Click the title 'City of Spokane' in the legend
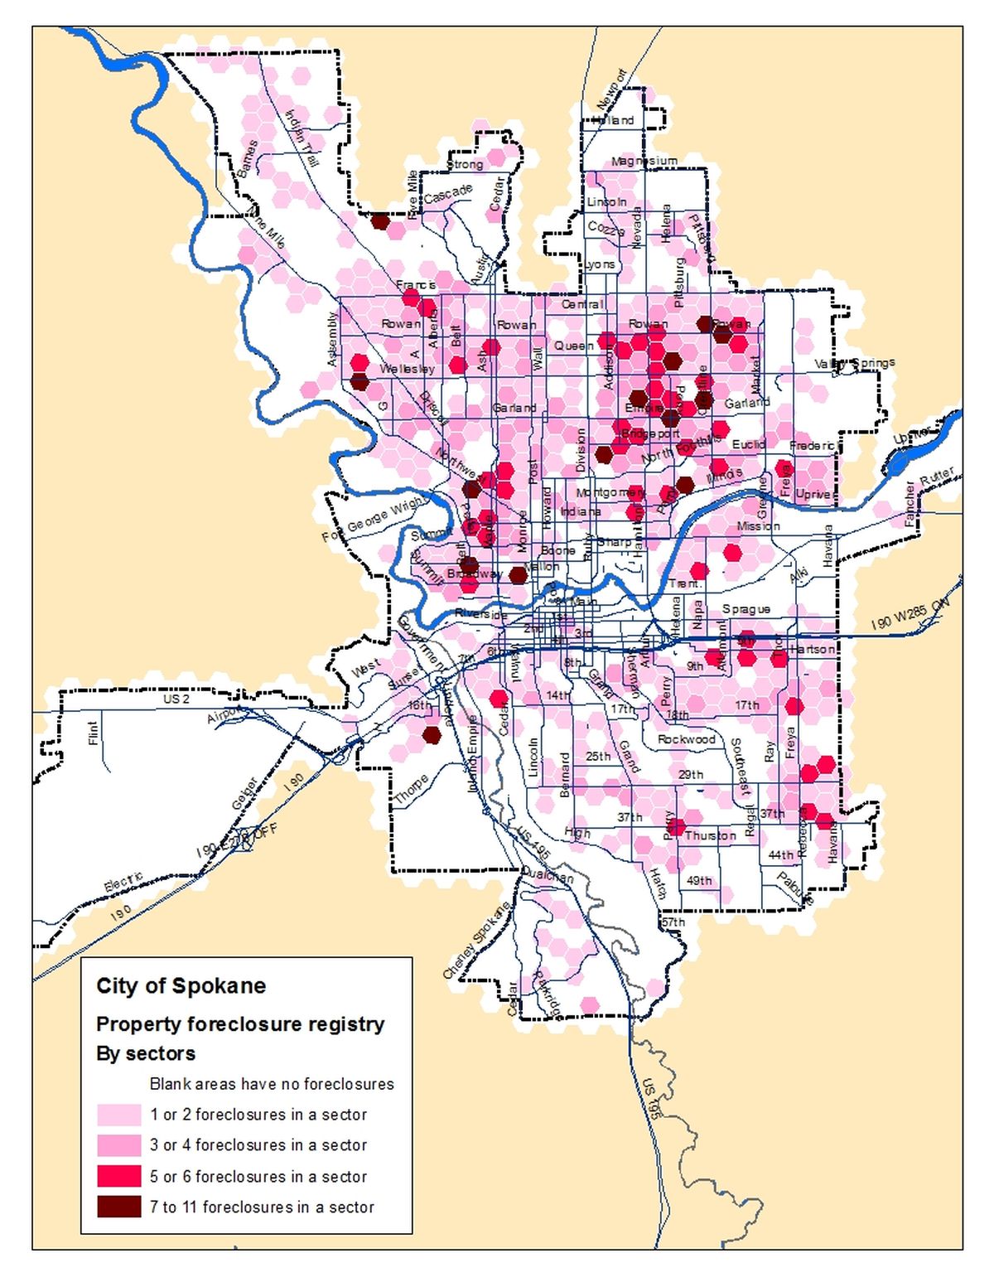[181, 986]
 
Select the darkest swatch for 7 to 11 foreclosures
[118, 1207]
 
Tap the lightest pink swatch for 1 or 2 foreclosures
[118, 1114]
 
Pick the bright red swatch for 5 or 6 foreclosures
[118, 1176]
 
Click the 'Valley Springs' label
[854, 363]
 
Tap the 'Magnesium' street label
[644, 161]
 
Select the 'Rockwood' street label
[686, 738]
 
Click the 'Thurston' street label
[710, 835]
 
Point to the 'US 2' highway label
[176, 699]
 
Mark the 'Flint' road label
[93, 733]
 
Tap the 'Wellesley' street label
[407, 368]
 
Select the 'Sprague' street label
[745, 609]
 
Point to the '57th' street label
[673, 922]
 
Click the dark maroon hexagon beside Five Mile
[379, 221]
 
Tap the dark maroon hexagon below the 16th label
[432, 734]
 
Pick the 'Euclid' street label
[748, 444]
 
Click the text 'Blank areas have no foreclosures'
[272, 1084]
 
